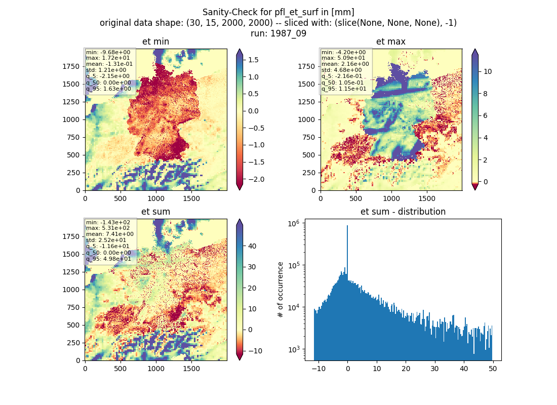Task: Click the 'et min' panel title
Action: [x=155, y=42]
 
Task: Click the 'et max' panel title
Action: [x=391, y=42]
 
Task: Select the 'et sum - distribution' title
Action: [x=403, y=212]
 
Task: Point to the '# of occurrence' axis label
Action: [x=281, y=290]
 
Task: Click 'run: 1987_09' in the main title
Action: [x=278, y=33]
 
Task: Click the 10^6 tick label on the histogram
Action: [x=294, y=223]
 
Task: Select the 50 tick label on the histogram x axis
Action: [x=493, y=369]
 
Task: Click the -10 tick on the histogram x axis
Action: [x=319, y=369]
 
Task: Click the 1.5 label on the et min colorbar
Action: [x=253, y=60]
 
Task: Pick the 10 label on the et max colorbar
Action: [x=488, y=72]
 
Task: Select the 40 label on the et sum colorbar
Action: [x=252, y=246]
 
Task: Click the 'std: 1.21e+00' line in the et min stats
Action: [x=106, y=70]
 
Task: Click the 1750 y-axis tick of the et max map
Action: [x=306, y=66]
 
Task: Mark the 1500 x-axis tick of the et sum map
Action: [x=191, y=369]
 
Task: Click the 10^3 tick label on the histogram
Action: [x=294, y=350]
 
